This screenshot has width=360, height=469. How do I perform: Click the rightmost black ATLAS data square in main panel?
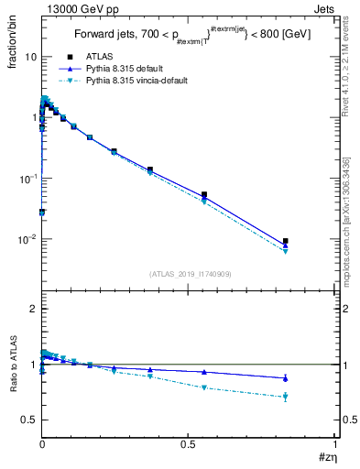tap(286, 241)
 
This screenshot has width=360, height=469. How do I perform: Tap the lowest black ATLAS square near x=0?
tap(42, 212)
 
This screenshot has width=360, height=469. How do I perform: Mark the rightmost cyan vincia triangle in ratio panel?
tap(286, 398)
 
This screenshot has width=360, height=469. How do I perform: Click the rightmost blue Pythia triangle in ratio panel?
tap(286, 377)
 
